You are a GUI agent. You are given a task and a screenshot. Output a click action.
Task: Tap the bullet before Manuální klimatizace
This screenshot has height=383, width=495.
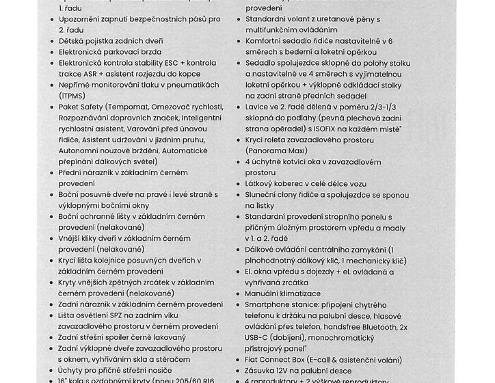click(x=239, y=293)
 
